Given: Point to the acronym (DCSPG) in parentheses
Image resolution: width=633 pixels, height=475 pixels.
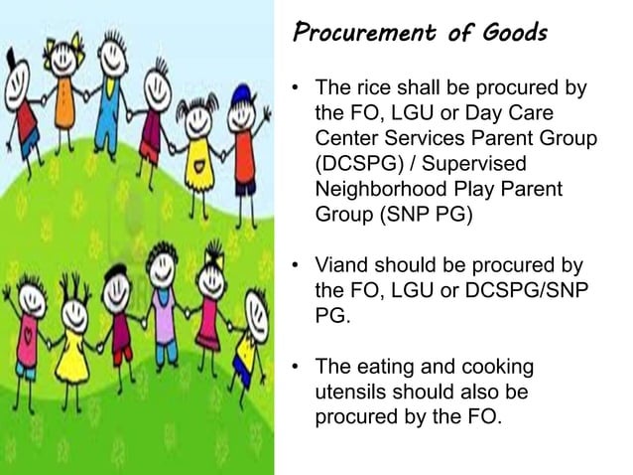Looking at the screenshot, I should (359, 162).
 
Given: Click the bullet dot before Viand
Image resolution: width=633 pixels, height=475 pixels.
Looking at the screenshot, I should (296, 266).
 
